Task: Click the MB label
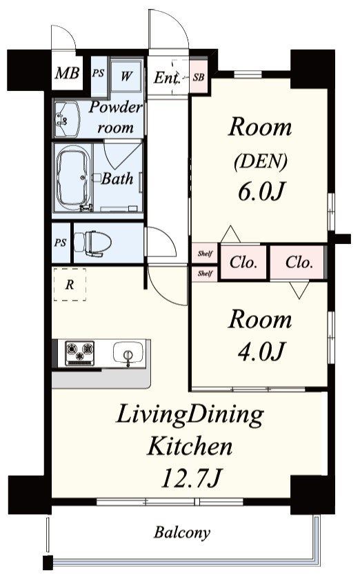tap(67, 73)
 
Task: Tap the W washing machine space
tap(126, 76)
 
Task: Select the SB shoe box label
tap(199, 77)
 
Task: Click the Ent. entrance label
tap(166, 78)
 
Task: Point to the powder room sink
tap(67, 119)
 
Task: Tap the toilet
tap(92, 243)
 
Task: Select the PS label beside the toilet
tap(61, 243)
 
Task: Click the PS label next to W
tap(98, 73)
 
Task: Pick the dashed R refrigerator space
tap(70, 285)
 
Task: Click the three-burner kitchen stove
tap(79, 353)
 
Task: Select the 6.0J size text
tap(261, 192)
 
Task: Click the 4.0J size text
tap(261, 351)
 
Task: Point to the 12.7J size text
tap(192, 478)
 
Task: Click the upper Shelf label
tap(205, 253)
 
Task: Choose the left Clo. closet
tap(243, 263)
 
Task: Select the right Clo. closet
tap(299, 263)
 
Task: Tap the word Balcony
tap(182, 532)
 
